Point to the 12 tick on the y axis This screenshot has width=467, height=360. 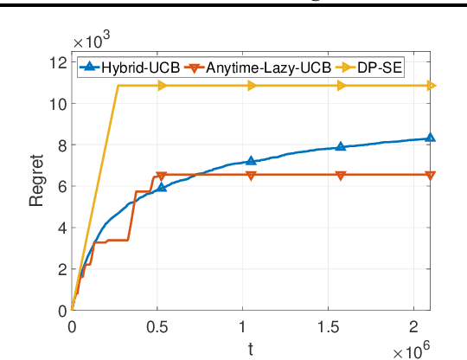[58, 62]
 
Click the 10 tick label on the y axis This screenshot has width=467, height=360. [58, 104]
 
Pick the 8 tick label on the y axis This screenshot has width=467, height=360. [61, 145]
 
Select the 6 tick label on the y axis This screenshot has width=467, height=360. [61, 186]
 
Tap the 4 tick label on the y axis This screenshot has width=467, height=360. [61, 228]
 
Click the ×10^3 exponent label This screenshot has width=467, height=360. [91, 42]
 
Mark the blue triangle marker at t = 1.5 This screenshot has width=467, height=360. [341, 147]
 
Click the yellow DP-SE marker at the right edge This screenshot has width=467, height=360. [430, 86]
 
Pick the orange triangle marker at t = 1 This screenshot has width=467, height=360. [251, 175]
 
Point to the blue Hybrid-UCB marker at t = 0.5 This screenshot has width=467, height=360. [161, 187]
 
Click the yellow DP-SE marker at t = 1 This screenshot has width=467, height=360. [251, 86]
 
